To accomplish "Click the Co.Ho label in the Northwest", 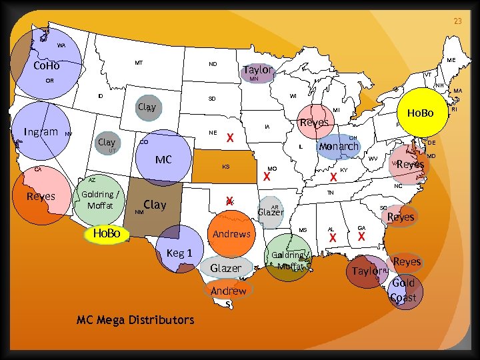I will (47, 66).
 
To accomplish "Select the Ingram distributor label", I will (41, 131).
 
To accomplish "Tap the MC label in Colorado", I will (163, 160).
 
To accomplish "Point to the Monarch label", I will (339, 146).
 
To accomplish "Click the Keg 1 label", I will (179, 253).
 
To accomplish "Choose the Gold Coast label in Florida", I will (403, 290).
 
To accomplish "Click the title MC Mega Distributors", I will (135, 320).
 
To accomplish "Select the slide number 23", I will (458, 21).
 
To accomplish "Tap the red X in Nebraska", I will (229, 138).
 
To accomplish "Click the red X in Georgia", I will (361, 237).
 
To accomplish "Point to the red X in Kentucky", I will (333, 177).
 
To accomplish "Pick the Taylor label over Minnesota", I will (258, 70).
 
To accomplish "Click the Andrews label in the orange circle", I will (231, 234).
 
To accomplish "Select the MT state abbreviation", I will (139, 63).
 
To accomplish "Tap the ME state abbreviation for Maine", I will (451, 60).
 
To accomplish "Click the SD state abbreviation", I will (211, 99).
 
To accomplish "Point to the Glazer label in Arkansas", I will (271, 212).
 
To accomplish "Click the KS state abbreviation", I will (226, 166).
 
